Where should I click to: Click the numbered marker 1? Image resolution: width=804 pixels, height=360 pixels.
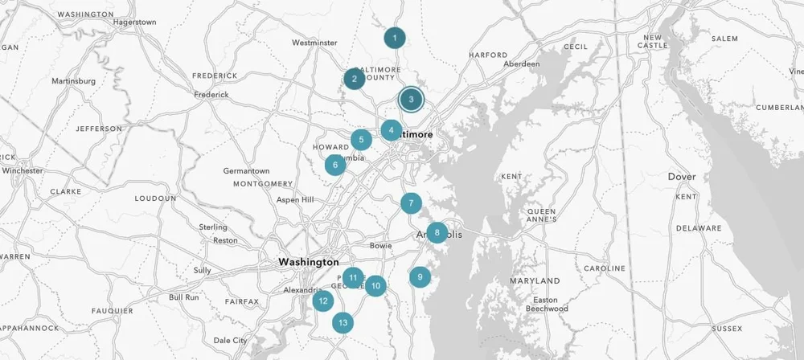[394, 38]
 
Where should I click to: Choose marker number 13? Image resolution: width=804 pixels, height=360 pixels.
[343, 323]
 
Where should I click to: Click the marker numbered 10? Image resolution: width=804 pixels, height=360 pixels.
[375, 284]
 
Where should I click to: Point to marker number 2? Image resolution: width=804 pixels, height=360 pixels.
[354, 79]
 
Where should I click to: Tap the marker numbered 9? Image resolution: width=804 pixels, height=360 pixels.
[420, 277]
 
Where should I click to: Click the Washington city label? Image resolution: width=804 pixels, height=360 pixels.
[309, 262]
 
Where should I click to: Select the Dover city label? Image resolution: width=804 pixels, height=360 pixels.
[682, 176]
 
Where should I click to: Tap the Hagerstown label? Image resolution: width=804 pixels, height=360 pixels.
[135, 22]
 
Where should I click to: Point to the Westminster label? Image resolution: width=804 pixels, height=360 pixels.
[314, 43]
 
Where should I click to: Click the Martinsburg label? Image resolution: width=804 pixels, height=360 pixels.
[73, 80]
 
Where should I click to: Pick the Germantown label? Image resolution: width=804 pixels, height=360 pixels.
[246, 171]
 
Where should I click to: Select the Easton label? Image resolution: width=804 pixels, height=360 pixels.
[556, 300]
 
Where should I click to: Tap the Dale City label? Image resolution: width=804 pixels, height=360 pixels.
[230, 340]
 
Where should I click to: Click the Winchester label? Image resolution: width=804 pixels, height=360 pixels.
[22, 170]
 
